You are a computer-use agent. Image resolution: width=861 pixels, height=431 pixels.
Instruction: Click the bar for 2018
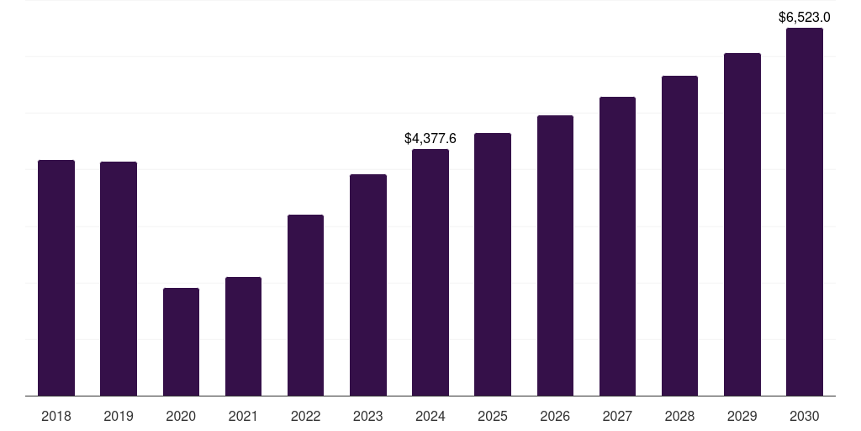pos(56,278)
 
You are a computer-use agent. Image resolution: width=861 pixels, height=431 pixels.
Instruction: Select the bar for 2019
pos(119,279)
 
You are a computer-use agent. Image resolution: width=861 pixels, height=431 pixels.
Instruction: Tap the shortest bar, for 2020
pos(181,342)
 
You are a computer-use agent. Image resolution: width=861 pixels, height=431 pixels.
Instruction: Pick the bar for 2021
pos(243,336)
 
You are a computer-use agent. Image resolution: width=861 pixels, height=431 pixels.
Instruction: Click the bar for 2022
pos(305,305)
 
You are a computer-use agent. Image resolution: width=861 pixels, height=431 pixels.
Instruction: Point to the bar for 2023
pos(368,285)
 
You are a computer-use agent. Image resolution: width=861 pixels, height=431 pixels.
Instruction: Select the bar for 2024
pos(430,272)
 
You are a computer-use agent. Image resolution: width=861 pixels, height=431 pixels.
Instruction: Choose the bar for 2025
pos(493,264)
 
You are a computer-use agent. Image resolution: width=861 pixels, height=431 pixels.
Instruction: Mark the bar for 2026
pos(555,255)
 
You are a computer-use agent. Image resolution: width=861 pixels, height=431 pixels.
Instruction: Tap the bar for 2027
pos(617,246)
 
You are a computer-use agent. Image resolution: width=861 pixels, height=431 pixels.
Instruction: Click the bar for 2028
pos(679,236)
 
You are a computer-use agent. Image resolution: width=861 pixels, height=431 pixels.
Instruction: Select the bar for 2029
pos(742,224)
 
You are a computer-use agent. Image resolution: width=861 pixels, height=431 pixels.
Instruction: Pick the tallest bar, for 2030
pos(805,211)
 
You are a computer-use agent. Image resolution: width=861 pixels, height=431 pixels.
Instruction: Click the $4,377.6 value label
pos(430,138)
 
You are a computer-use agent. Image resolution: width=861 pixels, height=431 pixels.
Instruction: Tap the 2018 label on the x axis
pos(56,416)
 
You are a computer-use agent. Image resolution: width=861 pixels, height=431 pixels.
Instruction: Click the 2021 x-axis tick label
pos(243,416)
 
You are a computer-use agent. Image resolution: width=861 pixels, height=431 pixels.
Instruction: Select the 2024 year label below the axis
pos(430,416)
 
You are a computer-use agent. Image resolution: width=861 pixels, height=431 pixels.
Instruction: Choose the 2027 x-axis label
pos(617,416)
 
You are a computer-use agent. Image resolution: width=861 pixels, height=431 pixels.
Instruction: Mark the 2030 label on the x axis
pos(805,416)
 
